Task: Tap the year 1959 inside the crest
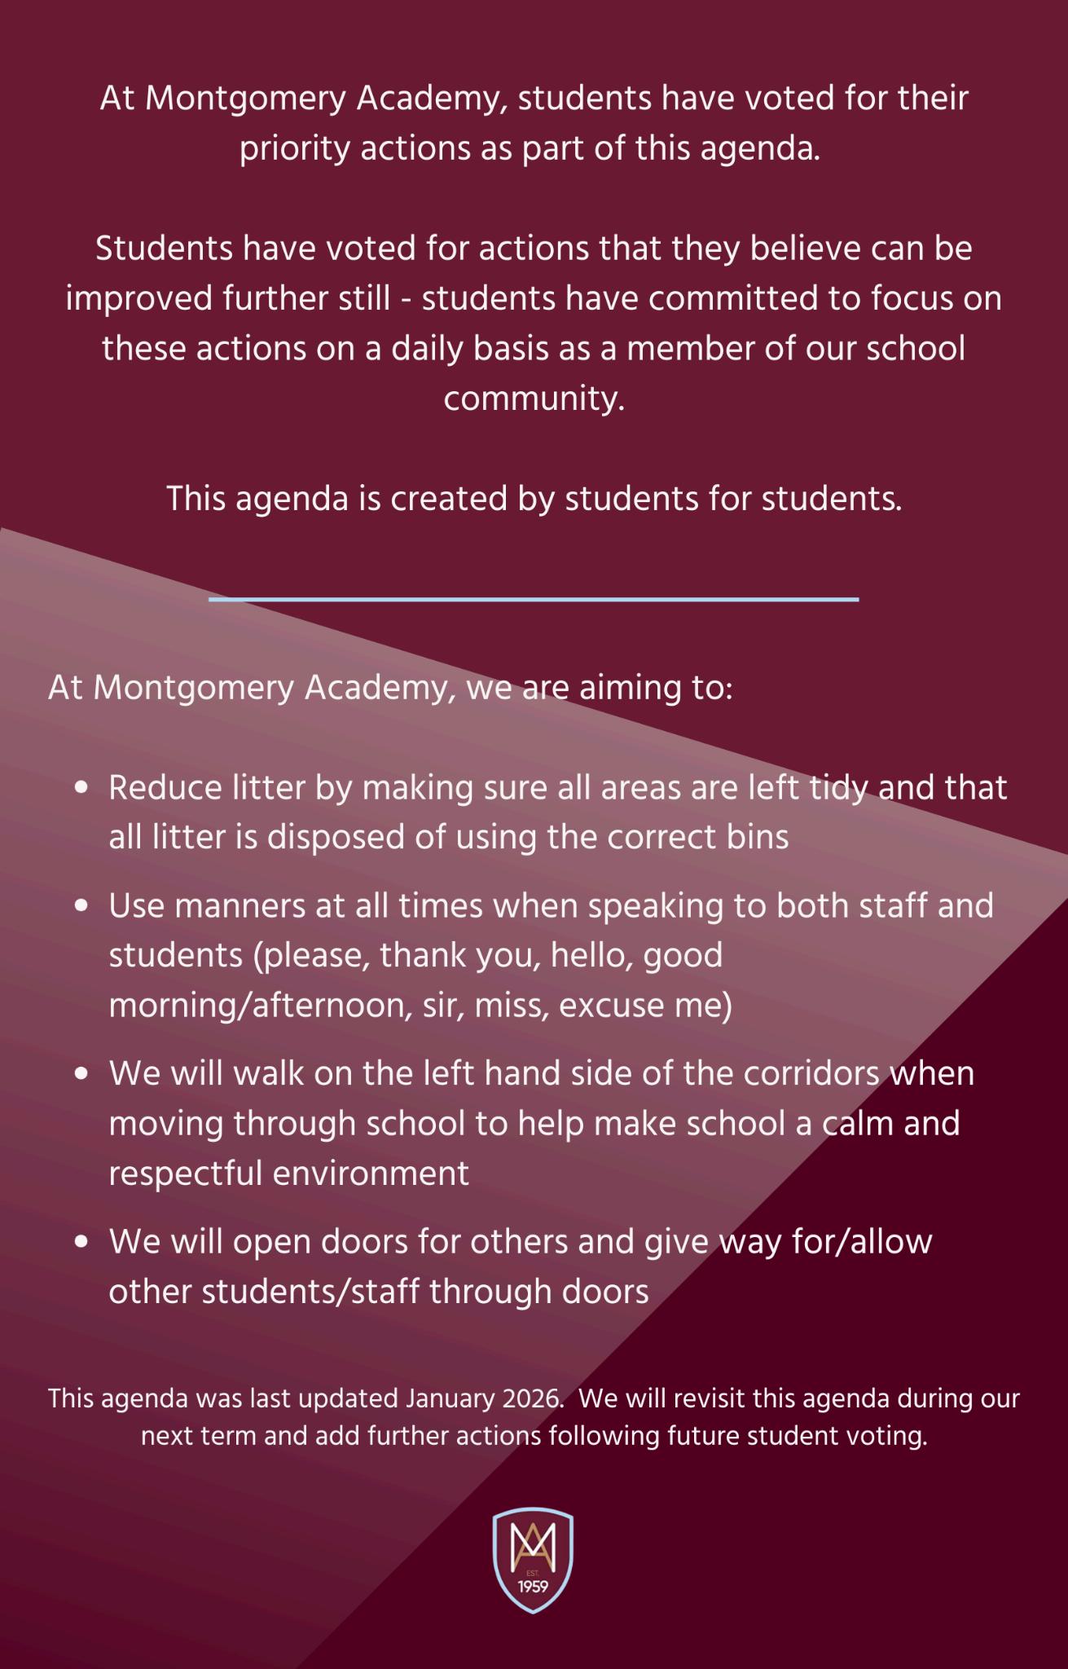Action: pyautogui.click(x=534, y=1588)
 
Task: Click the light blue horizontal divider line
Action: pyautogui.click(x=534, y=600)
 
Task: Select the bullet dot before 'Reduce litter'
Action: pyautogui.click(x=80, y=789)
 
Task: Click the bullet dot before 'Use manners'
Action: pyautogui.click(x=80, y=906)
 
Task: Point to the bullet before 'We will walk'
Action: pyautogui.click(x=80, y=1074)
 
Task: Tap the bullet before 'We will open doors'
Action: pyautogui.click(x=80, y=1242)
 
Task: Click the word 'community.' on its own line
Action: pyautogui.click(x=534, y=400)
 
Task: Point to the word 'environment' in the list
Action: pyautogui.click(x=370, y=1174)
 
